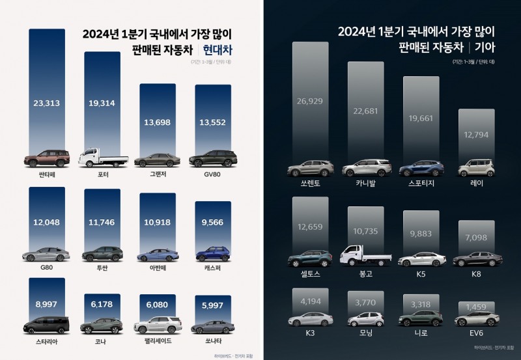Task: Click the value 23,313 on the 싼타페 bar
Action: pyautogui.click(x=47, y=102)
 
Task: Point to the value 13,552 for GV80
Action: pyautogui.click(x=212, y=124)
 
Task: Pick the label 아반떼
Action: pyautogui.click(x=157, y=266)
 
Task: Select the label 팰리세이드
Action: pyautogui.click(x=157, y=340)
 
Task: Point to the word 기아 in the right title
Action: pyautogui.click(x=485, y=48)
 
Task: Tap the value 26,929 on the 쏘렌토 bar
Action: pyautogui.click(x=310, y=105)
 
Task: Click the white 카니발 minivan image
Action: pyautogui.click(x=365, y=167)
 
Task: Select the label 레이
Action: pyautogui.click(x=476, y=184)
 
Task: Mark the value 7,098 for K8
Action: pyautogui.click(x=476, y=236)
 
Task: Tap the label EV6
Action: pyautogui.click(x=476, y=333)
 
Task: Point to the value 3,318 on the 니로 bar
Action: pyautogui.click(x=421, y=305)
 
